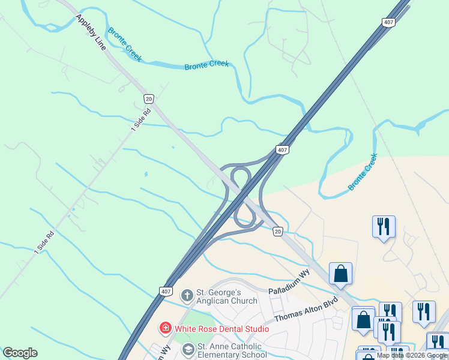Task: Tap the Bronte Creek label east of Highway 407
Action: click(x=363, y=173)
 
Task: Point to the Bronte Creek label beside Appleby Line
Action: click(x=124, y=44)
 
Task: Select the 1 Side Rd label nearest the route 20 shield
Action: click(x=141, y=118)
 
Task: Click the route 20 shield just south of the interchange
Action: click(x=277, y=231)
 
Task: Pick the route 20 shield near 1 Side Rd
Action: click(x=149, y=98)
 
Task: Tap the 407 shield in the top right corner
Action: click(x=388, y=22)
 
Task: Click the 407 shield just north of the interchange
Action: click(x=282, y=149)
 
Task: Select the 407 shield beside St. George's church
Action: click(x=166, y=291)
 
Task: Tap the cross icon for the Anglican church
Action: click(x=187, y=295)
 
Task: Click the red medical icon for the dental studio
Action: click(x=164, y=328)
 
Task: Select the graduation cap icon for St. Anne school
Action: click(x=188, y=349)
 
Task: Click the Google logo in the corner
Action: click(x=20, y=353)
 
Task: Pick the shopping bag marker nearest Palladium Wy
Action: click(x=340, y=274)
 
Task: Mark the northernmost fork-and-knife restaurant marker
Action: click(x=384, y=227)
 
